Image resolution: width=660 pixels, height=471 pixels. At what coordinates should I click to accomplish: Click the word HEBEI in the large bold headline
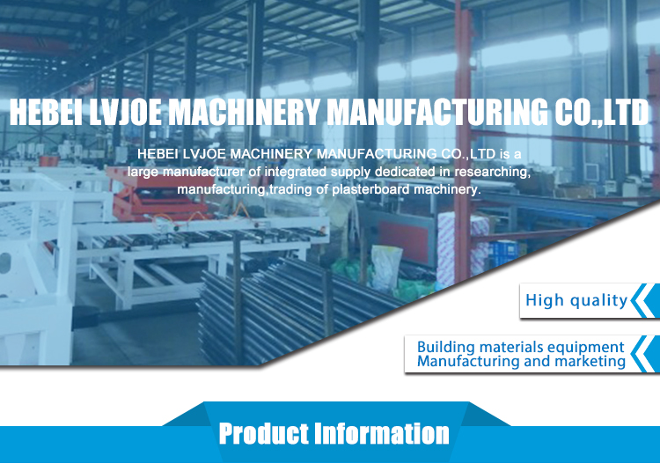point(46,112)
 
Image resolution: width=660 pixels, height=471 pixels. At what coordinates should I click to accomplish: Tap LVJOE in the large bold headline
point(125,112)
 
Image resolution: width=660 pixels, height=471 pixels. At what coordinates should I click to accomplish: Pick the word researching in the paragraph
point(492,173)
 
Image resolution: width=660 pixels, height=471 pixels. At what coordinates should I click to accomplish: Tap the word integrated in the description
point(296,172)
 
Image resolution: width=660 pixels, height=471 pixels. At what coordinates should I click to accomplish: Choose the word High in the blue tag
point(544,300)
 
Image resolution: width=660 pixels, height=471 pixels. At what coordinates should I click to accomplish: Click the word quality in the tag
point(598,301)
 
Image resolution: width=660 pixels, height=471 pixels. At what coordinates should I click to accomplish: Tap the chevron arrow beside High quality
point(645,300)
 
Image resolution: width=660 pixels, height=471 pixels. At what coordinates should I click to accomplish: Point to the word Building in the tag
point(446,348)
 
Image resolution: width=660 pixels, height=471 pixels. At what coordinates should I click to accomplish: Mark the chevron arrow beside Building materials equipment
point(645,354)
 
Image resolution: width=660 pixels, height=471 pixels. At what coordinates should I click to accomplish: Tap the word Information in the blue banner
point(382,433)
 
